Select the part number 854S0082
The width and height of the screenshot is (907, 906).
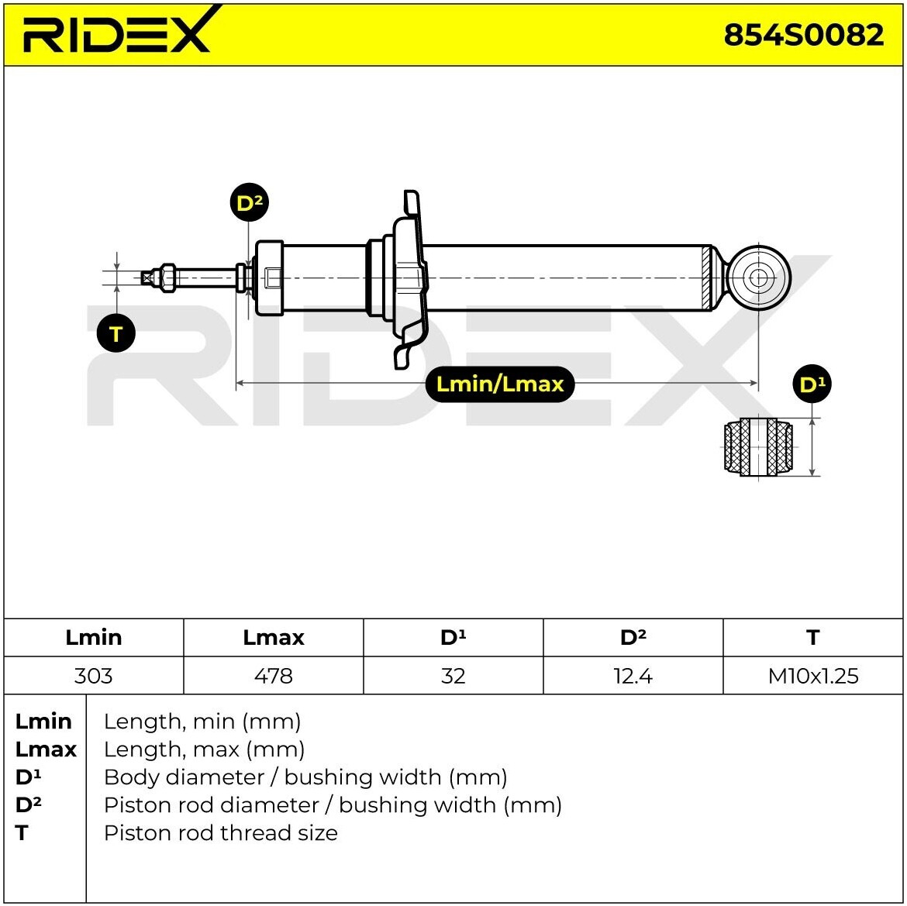tap(803, 35)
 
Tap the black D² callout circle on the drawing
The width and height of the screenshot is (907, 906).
tap(250, 203)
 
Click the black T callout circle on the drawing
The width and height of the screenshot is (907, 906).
tap(116, 333)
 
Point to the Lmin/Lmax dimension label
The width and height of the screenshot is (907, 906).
tap(500, 384)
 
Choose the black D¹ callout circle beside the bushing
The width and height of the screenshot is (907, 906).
tap(812, 384)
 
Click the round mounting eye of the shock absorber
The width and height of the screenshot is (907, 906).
tap(758, 278)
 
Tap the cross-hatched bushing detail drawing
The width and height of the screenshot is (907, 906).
tap(758, 447)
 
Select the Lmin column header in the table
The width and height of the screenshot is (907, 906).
tap(94, 637)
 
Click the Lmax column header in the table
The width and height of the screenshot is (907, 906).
tap(274, 637)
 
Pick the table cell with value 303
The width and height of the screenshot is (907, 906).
tap(94, 675)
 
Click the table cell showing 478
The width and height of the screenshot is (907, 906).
tap(274, 675)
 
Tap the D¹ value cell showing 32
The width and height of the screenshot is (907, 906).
tap(453, 675)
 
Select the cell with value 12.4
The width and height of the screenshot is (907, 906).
tap(633, 675)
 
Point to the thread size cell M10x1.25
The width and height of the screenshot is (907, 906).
tap(813, 675)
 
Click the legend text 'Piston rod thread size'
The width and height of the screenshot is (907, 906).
tap(220, 832)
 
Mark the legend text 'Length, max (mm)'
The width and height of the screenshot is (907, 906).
tap(204, 749)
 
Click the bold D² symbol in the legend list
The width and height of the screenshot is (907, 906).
tap(29, 804)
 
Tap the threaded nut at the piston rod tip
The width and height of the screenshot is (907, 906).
tap(167, 277)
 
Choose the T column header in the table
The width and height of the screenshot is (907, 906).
tap(813, 637)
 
